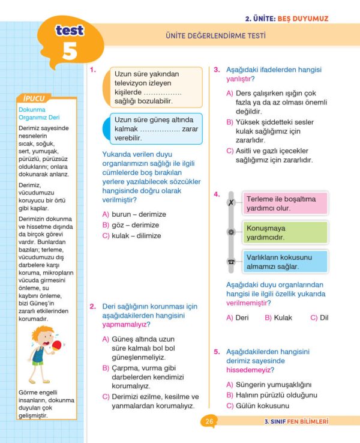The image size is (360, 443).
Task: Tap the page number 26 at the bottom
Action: [x=209, y=421]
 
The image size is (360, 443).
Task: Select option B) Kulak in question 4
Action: [x=278, y=318]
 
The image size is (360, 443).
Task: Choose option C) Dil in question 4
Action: [x=319, y=318]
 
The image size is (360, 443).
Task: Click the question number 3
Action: [x=217, y=70]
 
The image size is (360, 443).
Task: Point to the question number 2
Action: [x=93, y=306]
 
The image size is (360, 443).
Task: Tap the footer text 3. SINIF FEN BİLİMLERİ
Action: [x=296, y=421]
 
